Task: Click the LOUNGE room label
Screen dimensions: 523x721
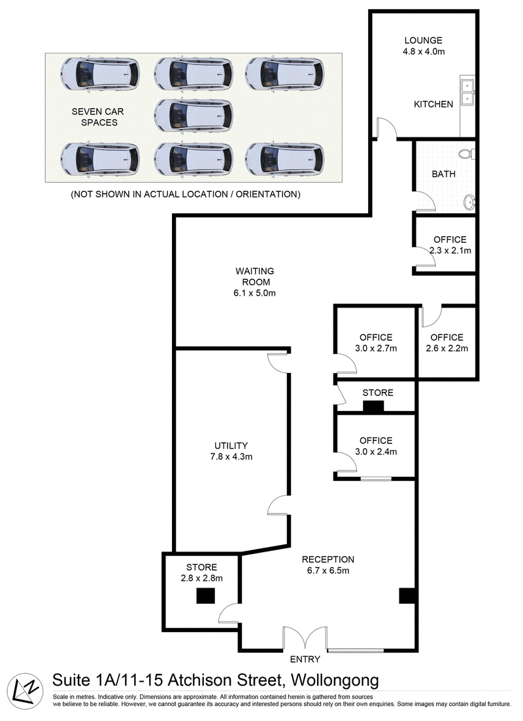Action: coord(423,41)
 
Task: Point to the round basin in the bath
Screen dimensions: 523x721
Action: coord(469,202)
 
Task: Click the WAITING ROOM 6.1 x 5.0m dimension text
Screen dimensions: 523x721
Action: coord(254,293)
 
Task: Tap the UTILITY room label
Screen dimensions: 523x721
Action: coord(231,446)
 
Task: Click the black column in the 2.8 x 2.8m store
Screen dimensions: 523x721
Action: coord(205,596)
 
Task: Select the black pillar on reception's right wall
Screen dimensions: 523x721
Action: coord(407,595)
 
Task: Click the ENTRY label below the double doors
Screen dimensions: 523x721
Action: coord(305,659)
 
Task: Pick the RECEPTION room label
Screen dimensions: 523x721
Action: coord(328,559)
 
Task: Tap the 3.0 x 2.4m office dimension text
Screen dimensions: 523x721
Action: coord(376,451)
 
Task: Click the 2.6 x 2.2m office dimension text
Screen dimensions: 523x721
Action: coord(447,349)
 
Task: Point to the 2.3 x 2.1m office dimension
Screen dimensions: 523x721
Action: coord(450,251)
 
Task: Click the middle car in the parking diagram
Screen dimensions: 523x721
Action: coord(194,116)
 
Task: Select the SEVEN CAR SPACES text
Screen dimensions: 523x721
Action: coord(98,117)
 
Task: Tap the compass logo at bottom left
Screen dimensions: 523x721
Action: coord(25,692)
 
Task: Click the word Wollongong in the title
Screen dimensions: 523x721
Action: coord(335,680)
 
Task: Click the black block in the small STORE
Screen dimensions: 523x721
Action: coord(373,406)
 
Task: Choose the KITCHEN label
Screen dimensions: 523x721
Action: coord(433,105)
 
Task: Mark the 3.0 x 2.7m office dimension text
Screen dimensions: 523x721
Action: coord(376,349)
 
